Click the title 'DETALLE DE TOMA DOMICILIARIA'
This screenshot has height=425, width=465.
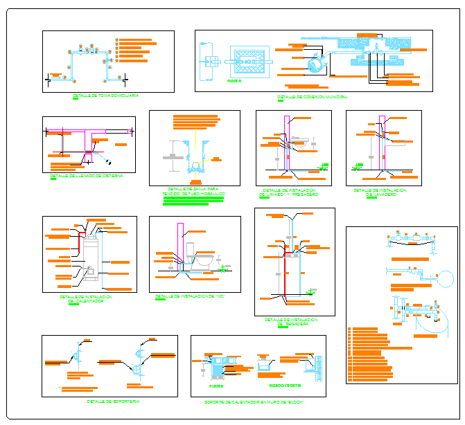tap(105, 96)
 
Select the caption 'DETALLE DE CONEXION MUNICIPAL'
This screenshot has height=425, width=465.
tap(312, 96)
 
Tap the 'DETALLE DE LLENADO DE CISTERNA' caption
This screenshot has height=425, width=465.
tap(86, 176)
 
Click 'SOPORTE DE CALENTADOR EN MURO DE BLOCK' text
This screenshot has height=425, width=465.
tap(254, 401)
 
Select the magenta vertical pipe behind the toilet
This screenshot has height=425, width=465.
tap(180, 242)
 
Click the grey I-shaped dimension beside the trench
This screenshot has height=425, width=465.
tap(171, 159)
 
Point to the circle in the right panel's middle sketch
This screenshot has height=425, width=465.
tap(443, 280)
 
